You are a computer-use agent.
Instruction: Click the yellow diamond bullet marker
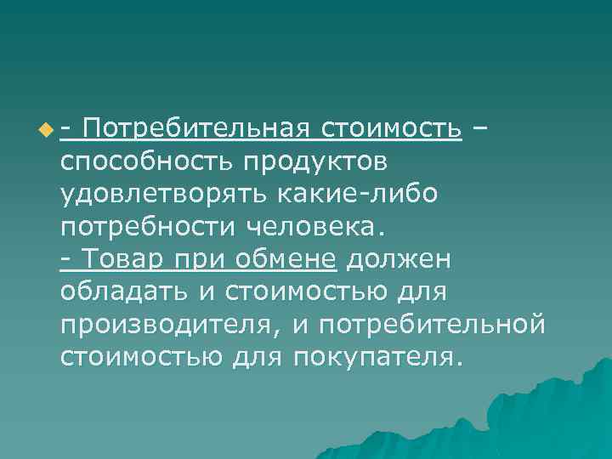(44, 130)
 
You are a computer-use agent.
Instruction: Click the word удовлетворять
(163, 193)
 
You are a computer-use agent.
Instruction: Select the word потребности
(148, 226)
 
